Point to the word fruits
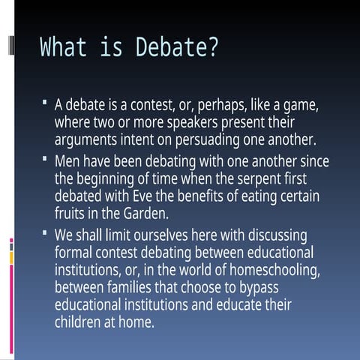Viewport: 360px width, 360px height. [72, 214]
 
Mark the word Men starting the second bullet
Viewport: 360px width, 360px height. [68, 160]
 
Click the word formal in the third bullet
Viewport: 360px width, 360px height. [74, 251]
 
